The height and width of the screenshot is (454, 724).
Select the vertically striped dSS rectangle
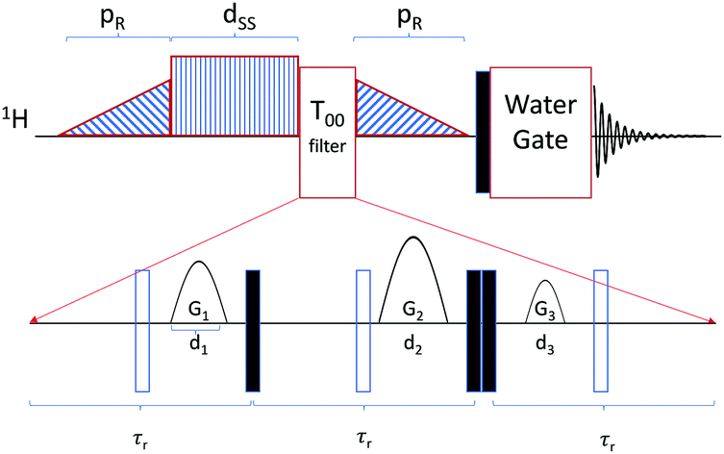pos(234,95)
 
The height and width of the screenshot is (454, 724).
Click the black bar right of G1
pos(253,330)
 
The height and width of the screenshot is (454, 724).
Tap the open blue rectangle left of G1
pos(142,330)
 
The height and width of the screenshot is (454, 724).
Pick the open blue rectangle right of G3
pos(601,330)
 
